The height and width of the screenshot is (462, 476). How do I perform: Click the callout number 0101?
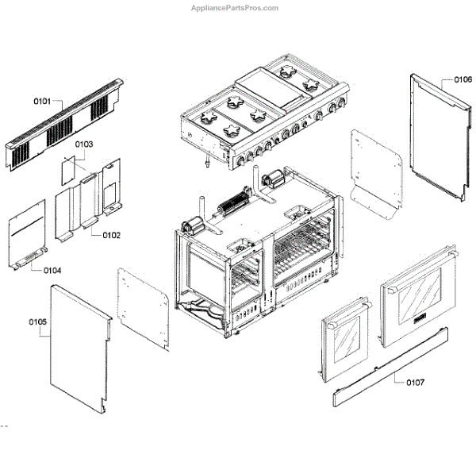pyautogui.click(x=42, y=101)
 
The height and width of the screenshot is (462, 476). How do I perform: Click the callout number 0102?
pyautogui.click(x=111, y=235)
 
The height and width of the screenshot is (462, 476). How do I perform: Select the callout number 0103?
pyautogui.click(x=84, y=144)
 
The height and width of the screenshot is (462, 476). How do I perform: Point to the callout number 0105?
pyautogui.click(x=37, y=322)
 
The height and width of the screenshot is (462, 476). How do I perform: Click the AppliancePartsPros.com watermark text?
pyautogui.click(x=236, y=8)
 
